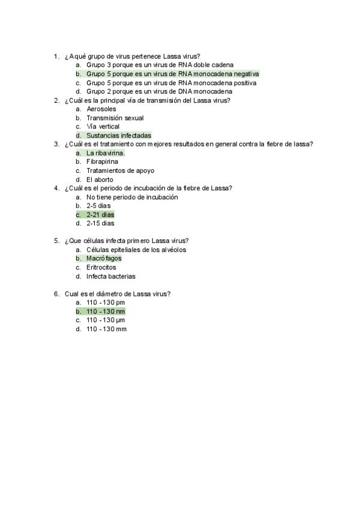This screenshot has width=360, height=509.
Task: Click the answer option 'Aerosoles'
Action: tap(101, 109)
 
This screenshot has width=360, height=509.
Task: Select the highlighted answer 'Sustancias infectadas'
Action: tap(118, 136)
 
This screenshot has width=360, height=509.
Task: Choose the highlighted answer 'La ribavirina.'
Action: tap(106, 153)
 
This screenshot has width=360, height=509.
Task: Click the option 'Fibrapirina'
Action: tap(102, 162)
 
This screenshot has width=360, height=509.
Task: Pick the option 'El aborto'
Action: tap(100, 179)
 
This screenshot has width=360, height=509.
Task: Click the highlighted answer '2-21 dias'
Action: tap(100, 214)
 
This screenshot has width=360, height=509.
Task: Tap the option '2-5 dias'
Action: tap(99, 206)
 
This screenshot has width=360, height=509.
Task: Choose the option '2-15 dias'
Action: tap(100, 223)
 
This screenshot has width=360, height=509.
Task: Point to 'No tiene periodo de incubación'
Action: tap(132, 197)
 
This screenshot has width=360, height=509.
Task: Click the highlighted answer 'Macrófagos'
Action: tap(104, 259)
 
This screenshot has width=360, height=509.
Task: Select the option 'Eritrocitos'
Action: tap(101, 267)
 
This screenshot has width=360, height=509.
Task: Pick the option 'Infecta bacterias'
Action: tap(110, 276)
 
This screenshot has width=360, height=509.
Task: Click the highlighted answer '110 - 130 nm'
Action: tap(106, 312)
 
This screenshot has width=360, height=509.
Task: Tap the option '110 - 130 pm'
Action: tap(106, 303)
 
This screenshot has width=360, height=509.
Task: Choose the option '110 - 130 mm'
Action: tap(106, 329)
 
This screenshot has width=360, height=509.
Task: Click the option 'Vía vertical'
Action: tap(103, 127)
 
